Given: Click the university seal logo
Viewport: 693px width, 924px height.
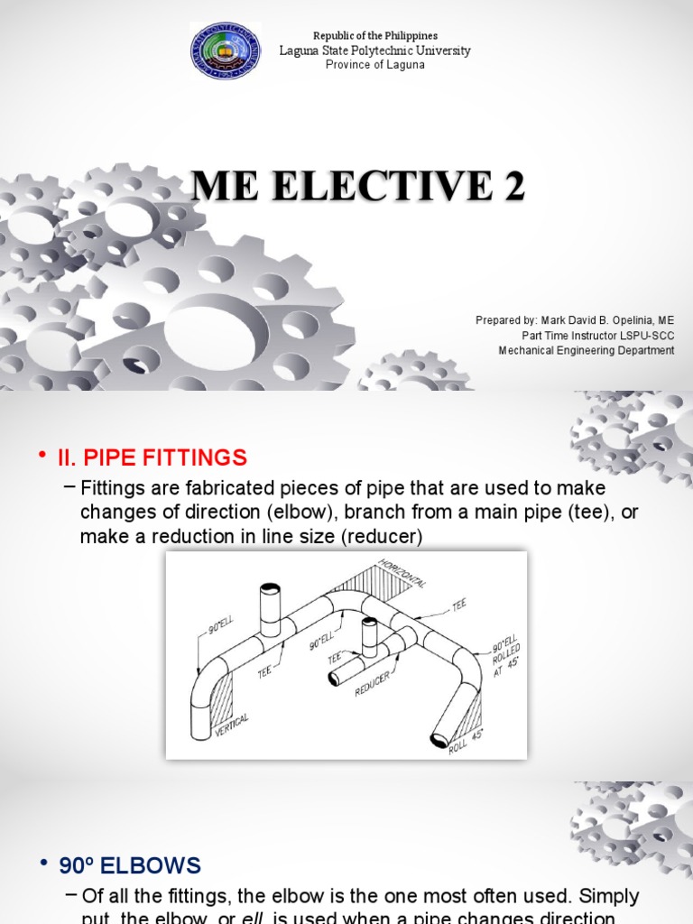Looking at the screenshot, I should (226, 51).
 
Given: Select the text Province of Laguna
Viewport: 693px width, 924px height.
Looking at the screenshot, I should (374, 65).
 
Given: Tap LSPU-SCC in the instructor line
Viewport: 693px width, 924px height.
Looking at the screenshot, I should (647, 336).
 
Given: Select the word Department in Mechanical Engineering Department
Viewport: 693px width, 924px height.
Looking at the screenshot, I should (642, 350).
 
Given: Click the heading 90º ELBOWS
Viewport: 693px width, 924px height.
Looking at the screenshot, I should (130, 866).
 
